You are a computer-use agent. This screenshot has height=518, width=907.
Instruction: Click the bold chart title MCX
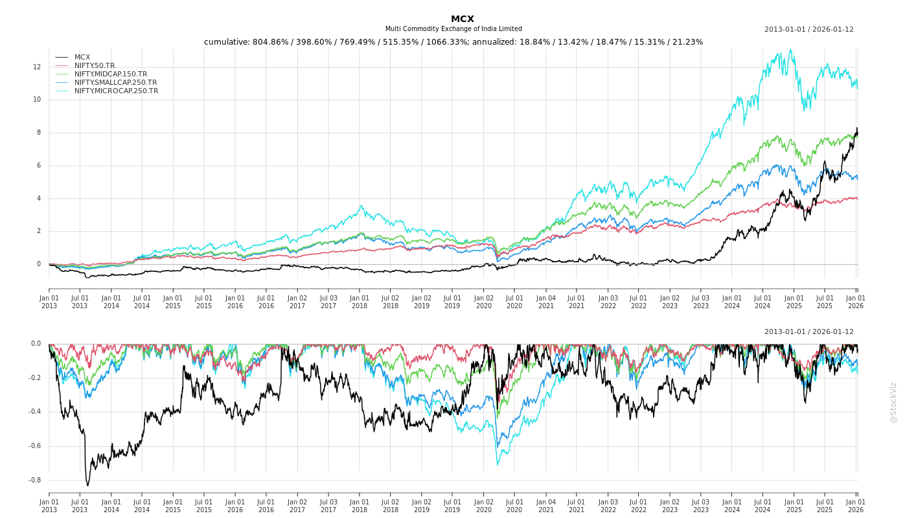463,19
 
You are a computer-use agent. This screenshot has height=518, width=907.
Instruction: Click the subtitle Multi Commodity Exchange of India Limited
454,29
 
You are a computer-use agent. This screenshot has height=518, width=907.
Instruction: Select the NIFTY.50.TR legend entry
95,65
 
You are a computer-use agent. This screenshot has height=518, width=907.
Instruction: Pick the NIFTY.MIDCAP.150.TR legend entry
110,74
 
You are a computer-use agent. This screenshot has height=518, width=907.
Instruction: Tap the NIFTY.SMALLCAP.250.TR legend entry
115,82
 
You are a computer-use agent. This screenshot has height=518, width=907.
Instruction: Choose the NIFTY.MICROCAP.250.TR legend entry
116,91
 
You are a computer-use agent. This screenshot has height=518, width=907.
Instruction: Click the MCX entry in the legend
82,57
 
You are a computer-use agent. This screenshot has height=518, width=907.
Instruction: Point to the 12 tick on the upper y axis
37,67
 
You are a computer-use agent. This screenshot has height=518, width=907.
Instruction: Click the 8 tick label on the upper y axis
38,133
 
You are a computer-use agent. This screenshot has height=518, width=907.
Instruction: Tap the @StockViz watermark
893,402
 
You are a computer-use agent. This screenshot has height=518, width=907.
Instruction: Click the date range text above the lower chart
809,332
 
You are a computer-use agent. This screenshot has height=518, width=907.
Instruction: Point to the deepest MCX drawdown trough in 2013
87,485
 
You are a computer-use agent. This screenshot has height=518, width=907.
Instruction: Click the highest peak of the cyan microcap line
790,50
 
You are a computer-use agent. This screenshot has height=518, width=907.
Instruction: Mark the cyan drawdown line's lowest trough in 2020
498,464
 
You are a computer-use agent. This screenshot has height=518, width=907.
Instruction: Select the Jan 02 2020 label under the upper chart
483,302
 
